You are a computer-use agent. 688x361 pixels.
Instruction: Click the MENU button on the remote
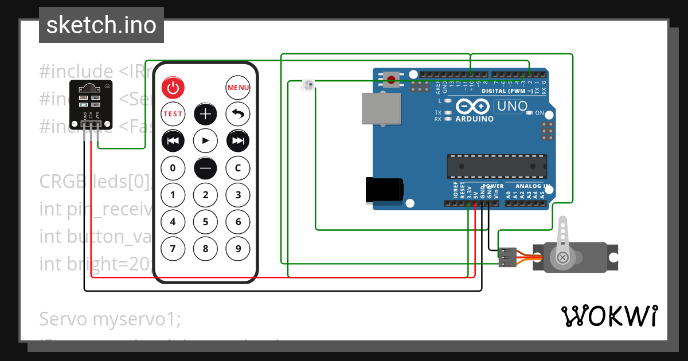(x=238, y=88)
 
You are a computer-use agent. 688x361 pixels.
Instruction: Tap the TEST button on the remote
(x=173, y=113)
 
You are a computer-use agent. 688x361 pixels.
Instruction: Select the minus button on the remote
(x=205, y=168)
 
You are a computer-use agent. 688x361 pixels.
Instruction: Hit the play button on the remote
(x=205, y=140)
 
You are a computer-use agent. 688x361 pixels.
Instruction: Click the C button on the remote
(x=238, y=168)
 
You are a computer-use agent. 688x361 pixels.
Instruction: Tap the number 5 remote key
(x=205, y=222)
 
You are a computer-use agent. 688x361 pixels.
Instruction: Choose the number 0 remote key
(x=173, y=168)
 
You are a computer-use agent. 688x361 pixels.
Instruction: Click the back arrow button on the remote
(x=238, y=113)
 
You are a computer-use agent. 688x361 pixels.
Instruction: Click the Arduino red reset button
(x=392, y=79)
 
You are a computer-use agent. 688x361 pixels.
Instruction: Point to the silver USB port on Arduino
(x=380, y=108)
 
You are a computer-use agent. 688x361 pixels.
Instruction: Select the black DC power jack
(x=384, y=190)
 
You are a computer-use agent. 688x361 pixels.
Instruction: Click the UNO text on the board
(x=511, y=106)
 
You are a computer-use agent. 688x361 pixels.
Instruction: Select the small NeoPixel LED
(x=308, y=85)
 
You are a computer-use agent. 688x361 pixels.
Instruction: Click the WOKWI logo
(x=609, y=316)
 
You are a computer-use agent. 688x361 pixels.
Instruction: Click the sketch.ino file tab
(x=101, y=25)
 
